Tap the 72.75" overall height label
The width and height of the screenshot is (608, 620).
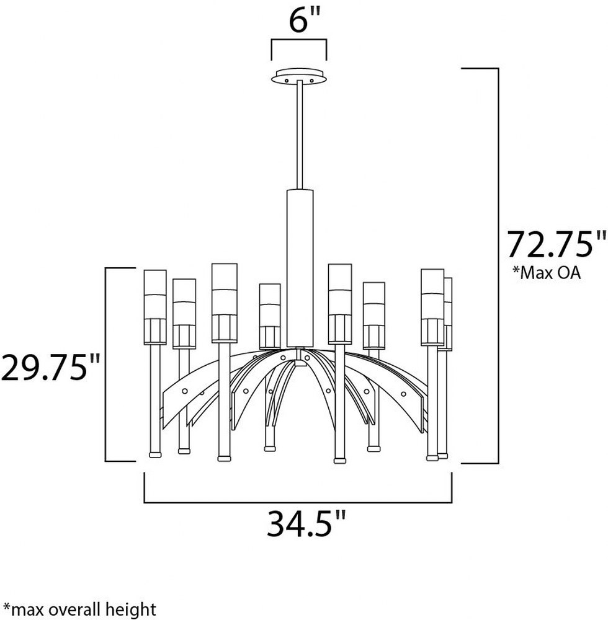[557, 244]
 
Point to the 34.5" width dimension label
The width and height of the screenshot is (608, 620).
[306, 523]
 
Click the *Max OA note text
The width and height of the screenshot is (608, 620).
[547, 272]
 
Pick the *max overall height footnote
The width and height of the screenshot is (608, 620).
[79, 609]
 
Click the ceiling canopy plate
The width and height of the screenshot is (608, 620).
[299, 76]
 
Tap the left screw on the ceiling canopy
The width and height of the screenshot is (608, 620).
[287, 81]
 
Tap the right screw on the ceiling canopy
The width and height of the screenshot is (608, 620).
[311, 81]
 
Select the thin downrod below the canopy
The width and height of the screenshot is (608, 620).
[300, 135]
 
